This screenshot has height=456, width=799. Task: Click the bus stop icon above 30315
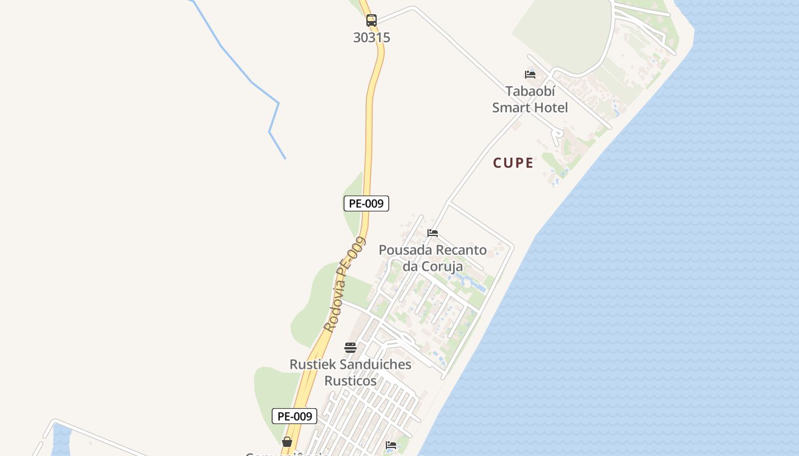point(372,21)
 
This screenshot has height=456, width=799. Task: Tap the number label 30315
point(372,38)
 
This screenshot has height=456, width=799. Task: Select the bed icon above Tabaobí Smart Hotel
point(530,74)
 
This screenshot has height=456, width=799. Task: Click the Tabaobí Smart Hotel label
point(530,99)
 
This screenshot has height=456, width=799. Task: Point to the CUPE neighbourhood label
point(513,163)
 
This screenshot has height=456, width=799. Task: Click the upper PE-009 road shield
point(366,203)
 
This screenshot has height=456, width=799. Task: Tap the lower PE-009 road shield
point(294,417)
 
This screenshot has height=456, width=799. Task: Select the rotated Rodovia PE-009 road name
point(344,285)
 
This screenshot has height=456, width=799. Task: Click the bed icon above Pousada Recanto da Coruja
point(433,233)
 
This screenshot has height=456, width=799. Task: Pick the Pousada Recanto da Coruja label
point(433,258)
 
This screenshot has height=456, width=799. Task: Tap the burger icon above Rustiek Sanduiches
point(350,348)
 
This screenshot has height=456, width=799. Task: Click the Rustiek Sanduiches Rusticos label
point(350,372)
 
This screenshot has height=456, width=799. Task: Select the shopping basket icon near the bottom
point(287,442)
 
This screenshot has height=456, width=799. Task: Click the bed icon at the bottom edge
point(391,445)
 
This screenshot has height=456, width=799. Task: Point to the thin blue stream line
point(251,83)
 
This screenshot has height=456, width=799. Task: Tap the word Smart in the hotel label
point(512,108)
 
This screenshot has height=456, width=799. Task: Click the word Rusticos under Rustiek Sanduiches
point(350,381)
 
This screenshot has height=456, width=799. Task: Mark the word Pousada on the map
point(405,250)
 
